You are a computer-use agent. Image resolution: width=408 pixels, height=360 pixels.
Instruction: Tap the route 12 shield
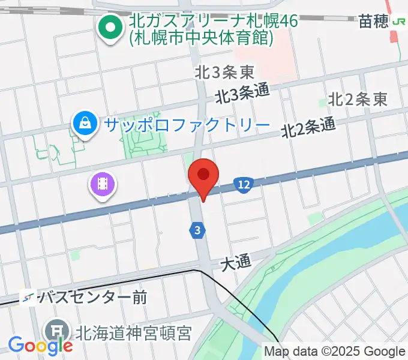click(x=243, y=185)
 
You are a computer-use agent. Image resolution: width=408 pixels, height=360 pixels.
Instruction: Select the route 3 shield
click(x=197, y=229)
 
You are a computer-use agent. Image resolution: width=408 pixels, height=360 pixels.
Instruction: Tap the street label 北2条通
click(x=308, y=126)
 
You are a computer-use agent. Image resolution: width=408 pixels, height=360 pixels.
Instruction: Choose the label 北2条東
click(x=358, y=100)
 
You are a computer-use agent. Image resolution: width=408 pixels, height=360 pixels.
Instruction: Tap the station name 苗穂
click(x=373, y=22)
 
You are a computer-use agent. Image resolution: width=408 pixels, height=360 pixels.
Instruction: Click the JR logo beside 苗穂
click(x=398, y=22)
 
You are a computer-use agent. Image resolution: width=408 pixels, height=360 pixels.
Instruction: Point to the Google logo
click(x=40, y=345)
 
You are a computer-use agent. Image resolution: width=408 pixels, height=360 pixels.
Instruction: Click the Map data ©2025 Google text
click(x=335, y=352)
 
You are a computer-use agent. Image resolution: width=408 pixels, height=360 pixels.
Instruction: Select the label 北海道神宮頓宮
click(x=132, y=332)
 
